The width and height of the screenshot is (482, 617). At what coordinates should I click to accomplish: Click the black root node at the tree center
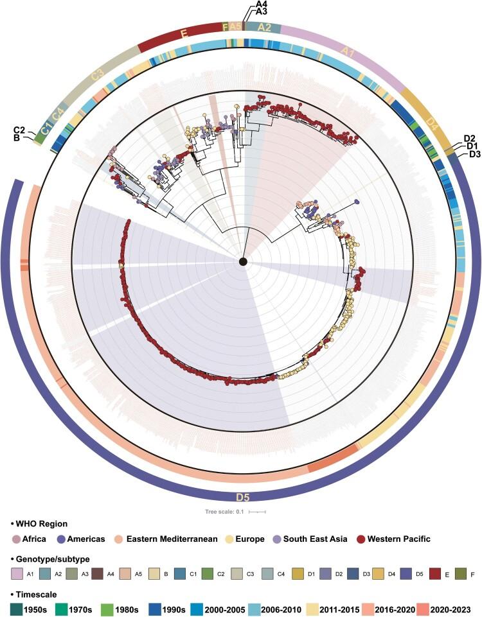tap(243, 261)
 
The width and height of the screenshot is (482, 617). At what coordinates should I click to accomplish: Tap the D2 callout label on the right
tap(469, 138)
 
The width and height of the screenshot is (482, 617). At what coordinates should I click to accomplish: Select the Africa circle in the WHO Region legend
tap(16, 539)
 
